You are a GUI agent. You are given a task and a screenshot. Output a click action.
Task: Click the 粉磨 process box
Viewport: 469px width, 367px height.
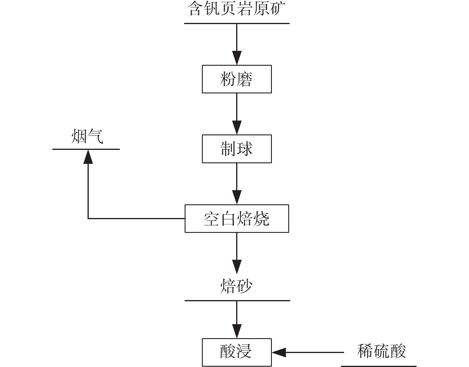[x=237, y=79]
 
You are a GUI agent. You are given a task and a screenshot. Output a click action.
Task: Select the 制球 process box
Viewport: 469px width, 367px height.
[x=237, y=149]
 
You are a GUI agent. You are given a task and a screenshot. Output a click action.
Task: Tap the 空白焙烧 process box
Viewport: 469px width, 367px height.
[x=237, y=219]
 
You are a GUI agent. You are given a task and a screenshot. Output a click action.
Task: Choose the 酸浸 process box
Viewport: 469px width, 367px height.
[x=237, y=352]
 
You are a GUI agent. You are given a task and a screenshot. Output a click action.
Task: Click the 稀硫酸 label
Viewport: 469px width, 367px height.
[x=381, y=351]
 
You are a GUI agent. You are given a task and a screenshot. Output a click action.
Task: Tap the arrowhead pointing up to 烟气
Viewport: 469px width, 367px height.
[x=88, y=156]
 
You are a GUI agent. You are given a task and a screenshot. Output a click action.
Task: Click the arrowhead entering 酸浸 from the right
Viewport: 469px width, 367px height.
[x=279, y=352]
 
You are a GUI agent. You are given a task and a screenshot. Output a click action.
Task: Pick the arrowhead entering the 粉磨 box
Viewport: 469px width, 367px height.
[x=237, y=58]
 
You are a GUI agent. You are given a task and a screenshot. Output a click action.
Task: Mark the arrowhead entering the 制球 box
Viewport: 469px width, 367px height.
[x=237, y=128]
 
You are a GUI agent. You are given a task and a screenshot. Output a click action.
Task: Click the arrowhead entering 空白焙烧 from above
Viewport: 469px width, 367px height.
[x=237, y=197]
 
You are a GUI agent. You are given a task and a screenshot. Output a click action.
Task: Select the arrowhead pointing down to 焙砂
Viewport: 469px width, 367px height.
[x=237, y=267]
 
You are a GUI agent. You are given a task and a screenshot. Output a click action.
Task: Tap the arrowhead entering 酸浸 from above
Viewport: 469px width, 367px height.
[x=237, y=331]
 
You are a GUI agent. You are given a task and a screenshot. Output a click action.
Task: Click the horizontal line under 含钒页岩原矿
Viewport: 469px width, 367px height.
[x=237, y=23]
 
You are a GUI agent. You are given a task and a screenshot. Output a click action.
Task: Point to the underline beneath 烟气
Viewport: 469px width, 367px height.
[x=86, y=149]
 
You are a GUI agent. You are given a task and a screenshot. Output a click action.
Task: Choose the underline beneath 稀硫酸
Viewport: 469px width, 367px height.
[x=378, y=366]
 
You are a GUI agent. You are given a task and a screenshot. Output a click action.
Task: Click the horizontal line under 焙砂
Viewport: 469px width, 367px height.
[x=237, y=300]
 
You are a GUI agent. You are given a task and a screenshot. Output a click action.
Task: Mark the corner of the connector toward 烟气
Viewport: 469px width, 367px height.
[x=88, y=219]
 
